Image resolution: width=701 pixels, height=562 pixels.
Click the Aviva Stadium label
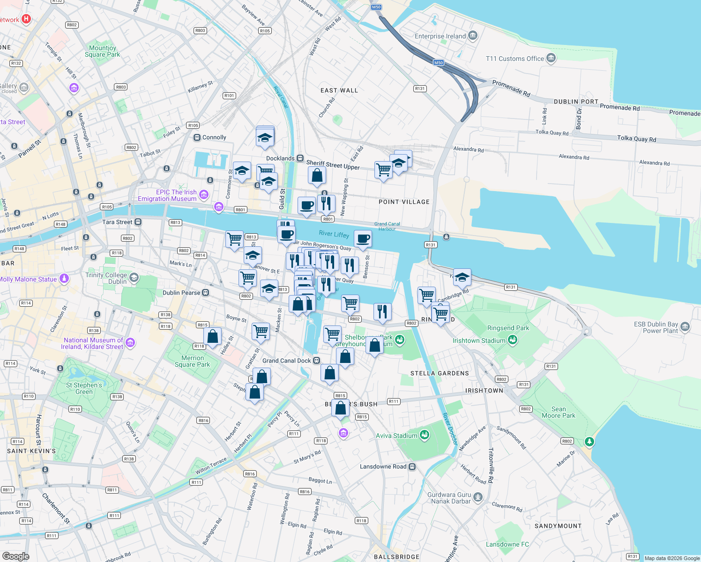tap(396, 436)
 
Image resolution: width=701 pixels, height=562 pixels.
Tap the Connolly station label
tap(214, 137)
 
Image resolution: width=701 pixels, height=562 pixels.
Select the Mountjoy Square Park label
tap(102, 51)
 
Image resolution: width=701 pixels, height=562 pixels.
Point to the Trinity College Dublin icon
tap(134, 278)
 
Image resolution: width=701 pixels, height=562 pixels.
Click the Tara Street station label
tap(117, 222)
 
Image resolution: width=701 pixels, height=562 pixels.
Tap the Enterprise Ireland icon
tap(473, 36)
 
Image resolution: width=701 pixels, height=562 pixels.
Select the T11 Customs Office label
tap(515, 59)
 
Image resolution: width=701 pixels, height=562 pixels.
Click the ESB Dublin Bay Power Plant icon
tap(685, 326)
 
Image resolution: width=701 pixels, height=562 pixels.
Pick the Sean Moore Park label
tap(558, 412)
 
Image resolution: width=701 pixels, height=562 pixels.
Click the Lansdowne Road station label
tap(383, 466)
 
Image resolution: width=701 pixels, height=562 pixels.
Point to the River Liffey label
tap(334, 234)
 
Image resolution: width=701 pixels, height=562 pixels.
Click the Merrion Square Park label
tap(192, 361)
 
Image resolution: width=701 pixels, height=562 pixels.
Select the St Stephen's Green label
tap(84, 388)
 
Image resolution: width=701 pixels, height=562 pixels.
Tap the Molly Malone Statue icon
tap(64, 279)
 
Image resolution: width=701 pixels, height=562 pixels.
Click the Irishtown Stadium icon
tap(513, 340)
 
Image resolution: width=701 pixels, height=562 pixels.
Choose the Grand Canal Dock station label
tap(286, 361)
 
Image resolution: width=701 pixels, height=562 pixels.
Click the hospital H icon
tap(26, 19)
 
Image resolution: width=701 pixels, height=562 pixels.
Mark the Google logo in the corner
tap(15, 556)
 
